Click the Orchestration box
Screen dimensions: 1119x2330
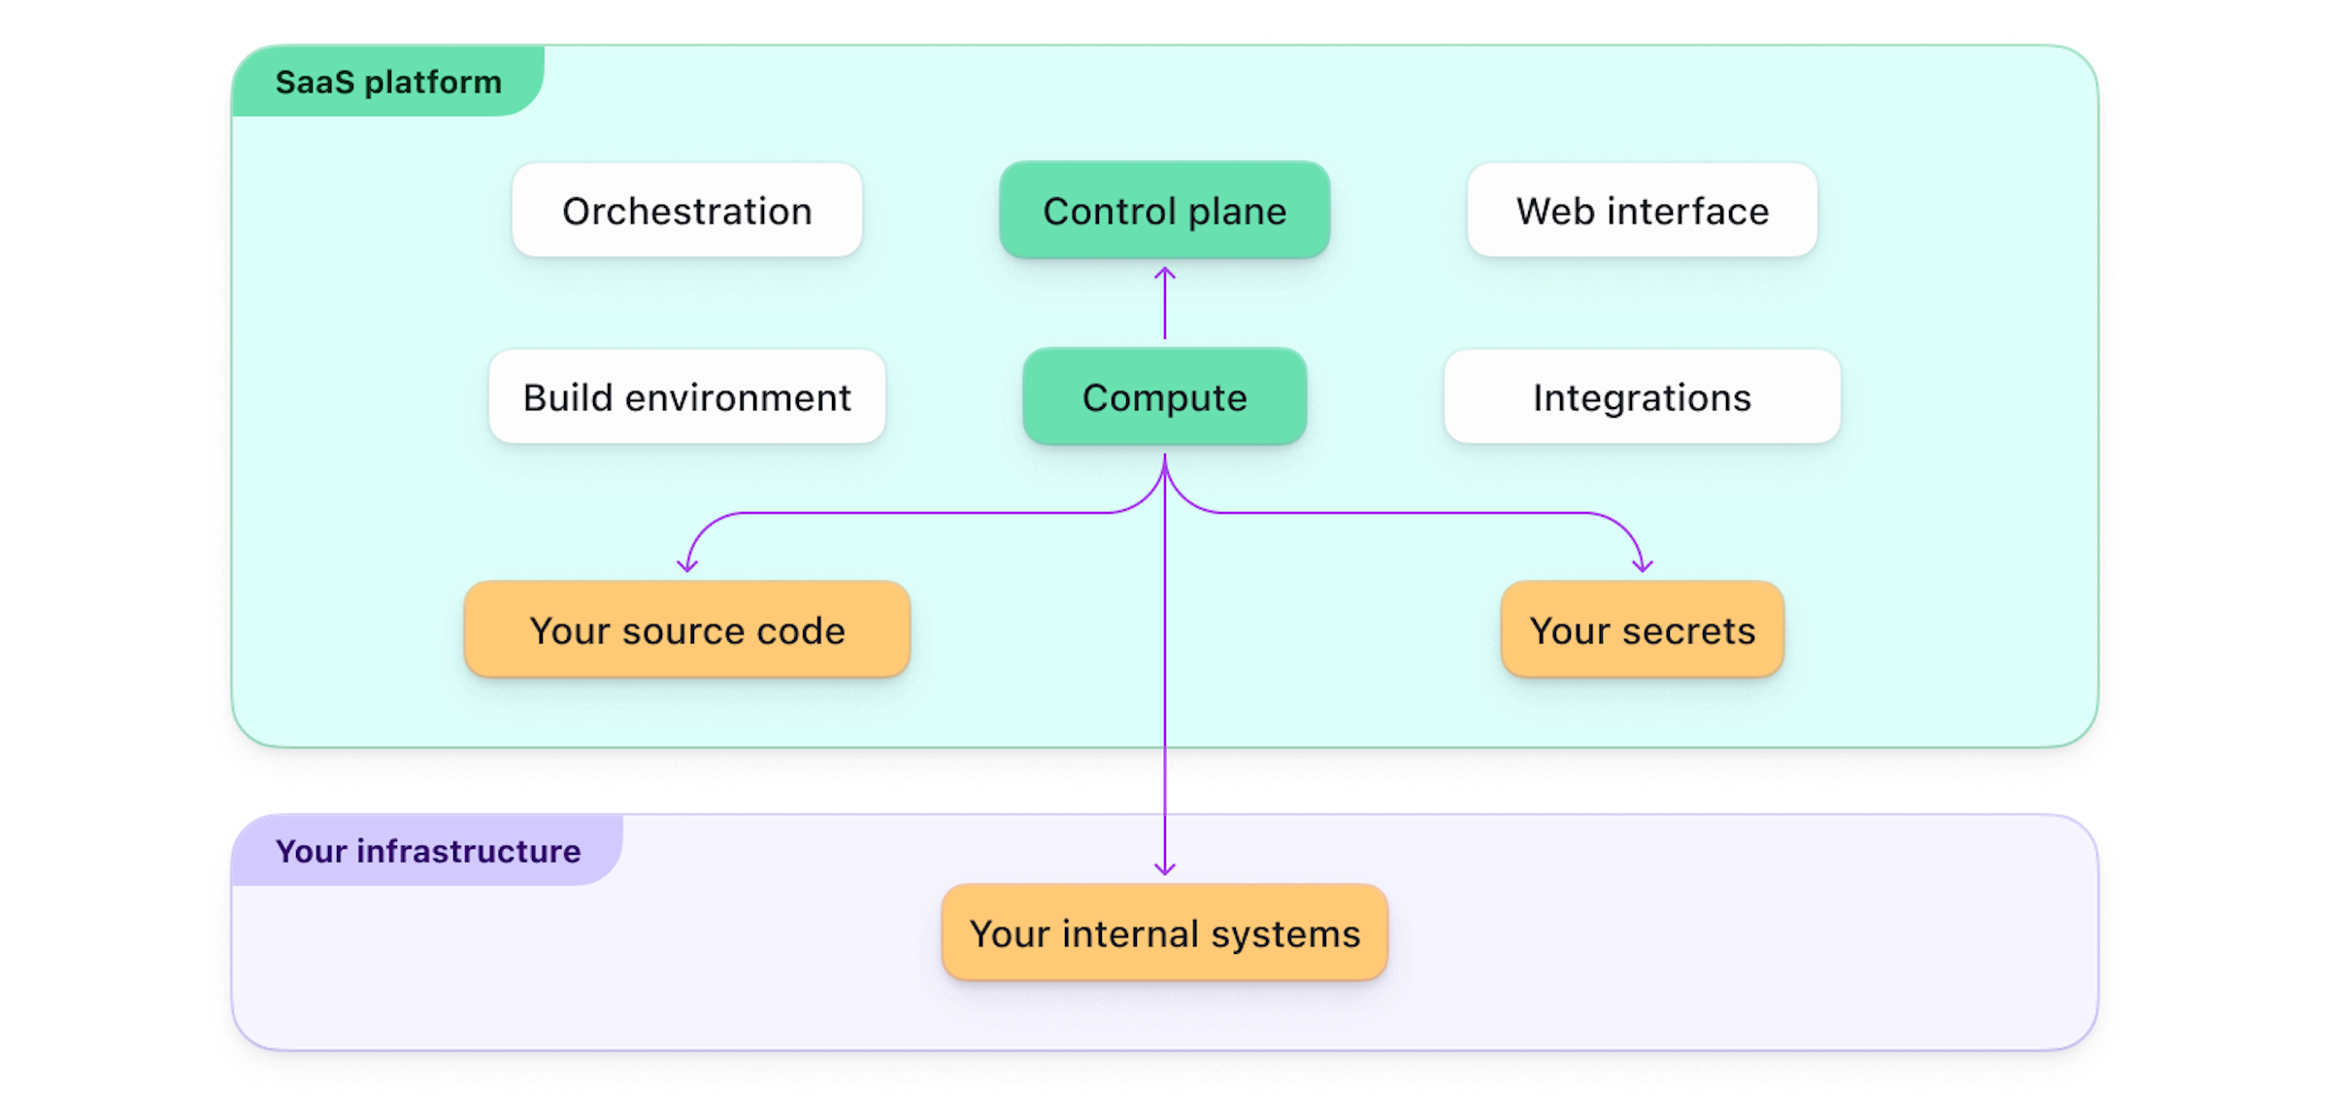coord(686,211)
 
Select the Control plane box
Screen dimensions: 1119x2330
coord(1164,211)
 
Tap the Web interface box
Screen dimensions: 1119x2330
coord(1642,211)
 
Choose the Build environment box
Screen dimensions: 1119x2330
coord(686,397)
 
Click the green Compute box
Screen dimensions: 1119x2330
coord(1164,397)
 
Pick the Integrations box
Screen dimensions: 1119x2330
coord(1642,397)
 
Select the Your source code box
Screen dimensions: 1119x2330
coord(686,630)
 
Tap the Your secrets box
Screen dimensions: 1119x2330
coord(1642,630)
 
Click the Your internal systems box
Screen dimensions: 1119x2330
coord(1164,933)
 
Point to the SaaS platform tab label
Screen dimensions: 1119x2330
coord(388,83)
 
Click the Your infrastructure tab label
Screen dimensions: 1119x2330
coord(427,852)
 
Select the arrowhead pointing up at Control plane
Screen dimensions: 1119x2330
coord(1165,273)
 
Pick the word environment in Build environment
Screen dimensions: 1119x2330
coord(738,398)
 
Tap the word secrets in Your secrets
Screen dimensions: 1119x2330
coord(1688,631)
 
